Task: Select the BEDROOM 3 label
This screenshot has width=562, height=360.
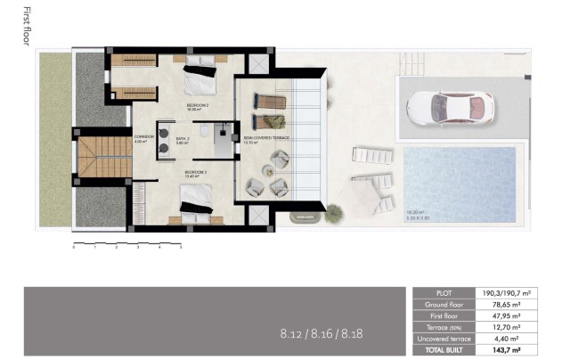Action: [196, 173]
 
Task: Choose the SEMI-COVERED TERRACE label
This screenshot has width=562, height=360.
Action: [266, 139]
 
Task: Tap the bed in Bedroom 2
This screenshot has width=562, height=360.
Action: [199, 80]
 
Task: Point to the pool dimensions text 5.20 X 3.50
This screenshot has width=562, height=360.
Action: [417, 217]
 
